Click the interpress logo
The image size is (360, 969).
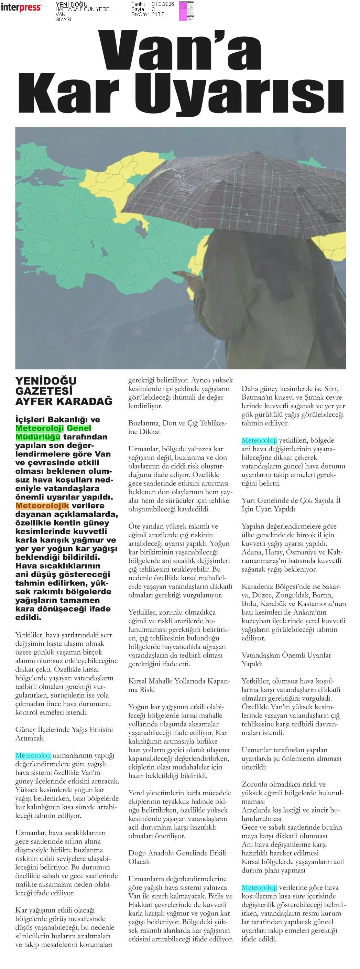coord(21,7)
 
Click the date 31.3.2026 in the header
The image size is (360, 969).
coord(163,4)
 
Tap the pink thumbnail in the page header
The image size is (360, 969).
coord(183,11)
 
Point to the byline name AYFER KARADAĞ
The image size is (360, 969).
coord(64,401)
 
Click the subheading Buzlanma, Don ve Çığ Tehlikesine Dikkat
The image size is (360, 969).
coord(177,427)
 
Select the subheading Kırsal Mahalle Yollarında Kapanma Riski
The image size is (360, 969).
coord(179,685)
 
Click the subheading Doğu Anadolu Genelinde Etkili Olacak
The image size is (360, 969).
coord(177,857)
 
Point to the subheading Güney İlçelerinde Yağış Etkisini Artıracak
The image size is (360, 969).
coord(64,733)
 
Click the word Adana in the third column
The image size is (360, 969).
coord(252,552)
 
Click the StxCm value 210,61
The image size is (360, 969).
coord(160,15)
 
